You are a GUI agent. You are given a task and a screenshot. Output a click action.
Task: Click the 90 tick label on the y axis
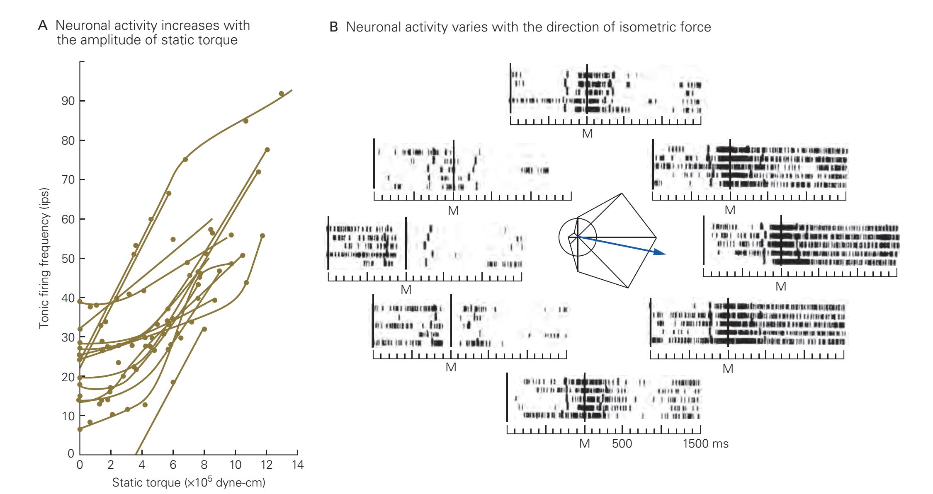[68, 101]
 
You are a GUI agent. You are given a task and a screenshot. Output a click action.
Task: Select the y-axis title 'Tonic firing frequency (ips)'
[44, 259]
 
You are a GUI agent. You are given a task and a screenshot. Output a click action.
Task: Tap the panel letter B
[334, 27]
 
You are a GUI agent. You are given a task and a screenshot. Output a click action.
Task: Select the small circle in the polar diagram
[577, 237]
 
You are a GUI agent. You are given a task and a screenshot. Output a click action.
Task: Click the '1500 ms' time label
[705, 444]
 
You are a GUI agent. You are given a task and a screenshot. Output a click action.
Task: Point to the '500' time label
[622, 444]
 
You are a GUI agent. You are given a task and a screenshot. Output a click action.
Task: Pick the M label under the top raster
[587, 133]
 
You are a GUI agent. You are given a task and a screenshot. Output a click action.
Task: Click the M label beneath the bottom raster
[584, 444]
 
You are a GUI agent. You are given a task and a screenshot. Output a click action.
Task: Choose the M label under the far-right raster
[781, 286]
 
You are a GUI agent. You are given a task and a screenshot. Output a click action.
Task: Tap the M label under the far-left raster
[406, 290]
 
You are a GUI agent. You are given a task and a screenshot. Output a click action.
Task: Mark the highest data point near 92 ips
[281, 94]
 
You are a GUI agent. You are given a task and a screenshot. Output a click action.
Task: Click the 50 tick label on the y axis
[68, 259]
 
